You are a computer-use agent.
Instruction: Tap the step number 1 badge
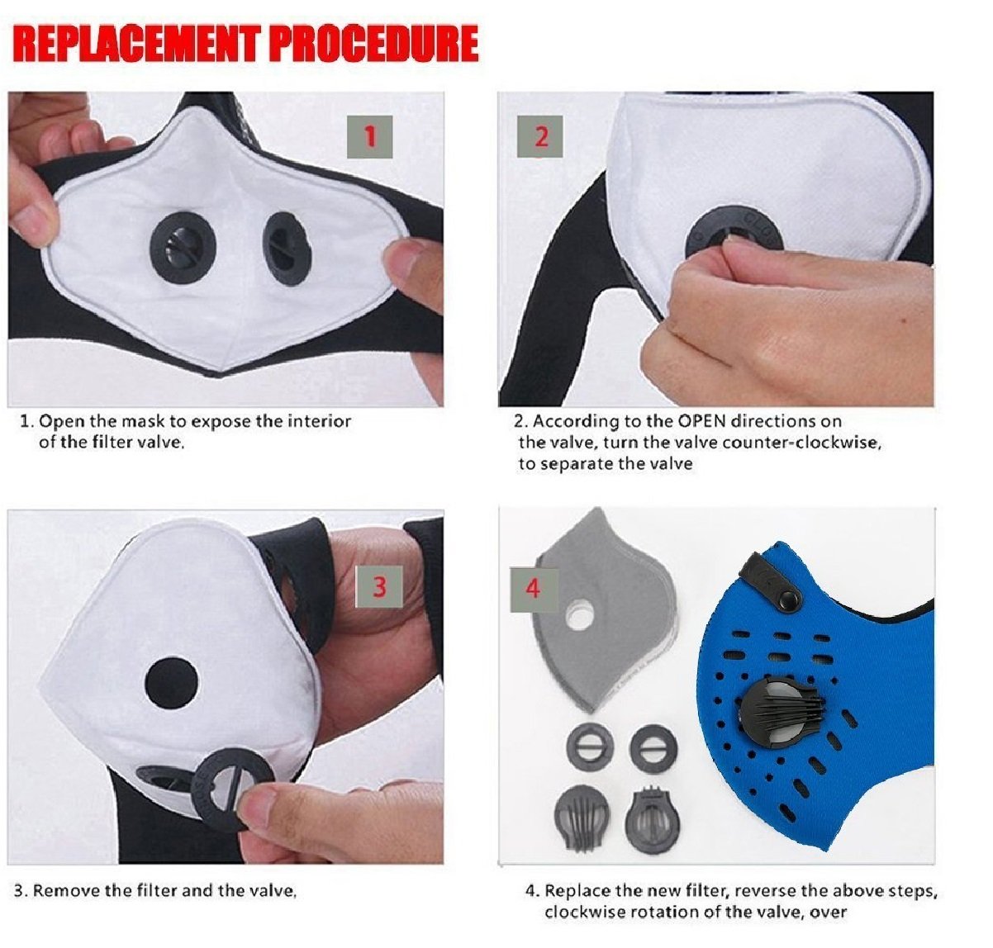pyautogui.click(x=370, y=136)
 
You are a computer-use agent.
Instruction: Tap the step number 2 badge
pyautogui.click(x=540, y=136)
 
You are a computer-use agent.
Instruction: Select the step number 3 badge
pyautogui.click(x=379, y=586)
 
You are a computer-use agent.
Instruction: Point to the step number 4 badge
pyautogui.click(x=534, y=590)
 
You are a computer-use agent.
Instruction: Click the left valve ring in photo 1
pyautogui.click(x=183, y=247)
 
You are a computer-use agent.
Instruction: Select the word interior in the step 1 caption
pyautogui.click(x=320, y=421)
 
